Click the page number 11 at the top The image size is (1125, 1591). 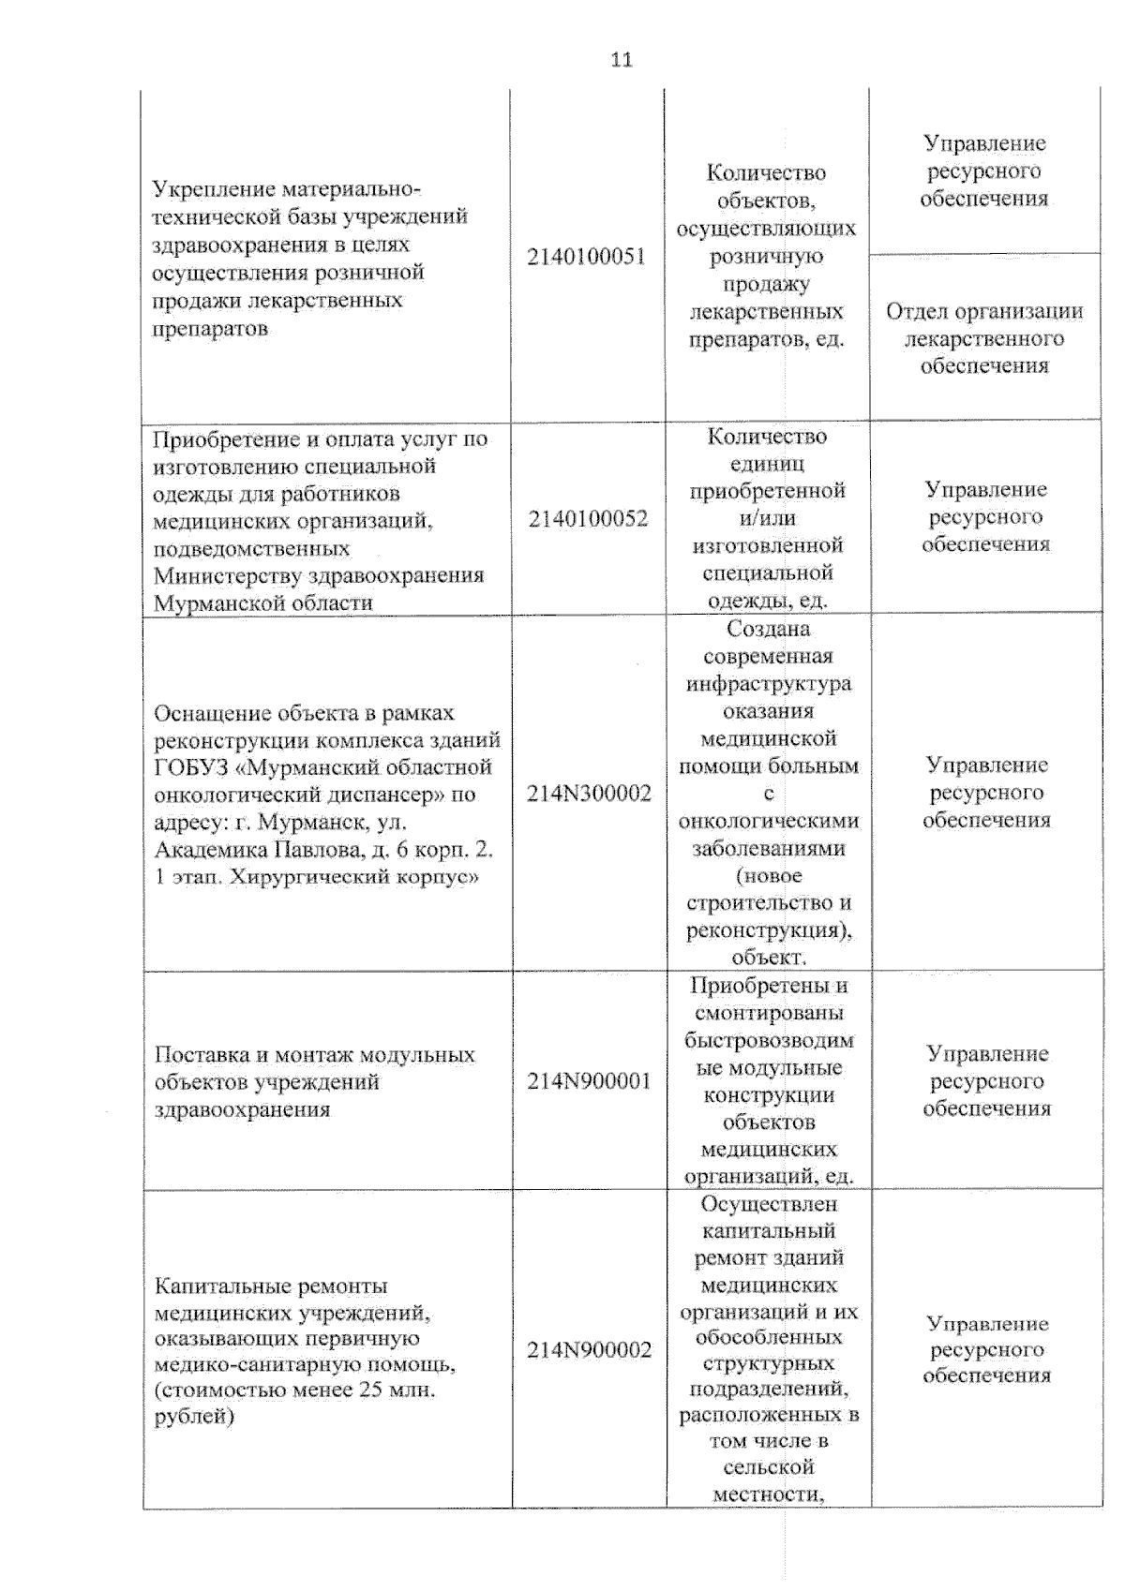click(622, 60)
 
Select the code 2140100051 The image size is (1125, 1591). click(587, 257)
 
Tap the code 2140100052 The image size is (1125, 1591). click(588, 518)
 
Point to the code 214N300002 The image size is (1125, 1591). click(589, 794)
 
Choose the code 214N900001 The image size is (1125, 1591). click(589, 1081)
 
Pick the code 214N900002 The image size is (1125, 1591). click(589, 1350)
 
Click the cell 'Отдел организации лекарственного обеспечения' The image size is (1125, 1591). click(984, 338)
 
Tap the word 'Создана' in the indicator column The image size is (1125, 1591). click(768, 629)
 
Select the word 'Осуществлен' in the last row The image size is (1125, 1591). click(768, 1203)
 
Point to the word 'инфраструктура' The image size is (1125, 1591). click(768, 684)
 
